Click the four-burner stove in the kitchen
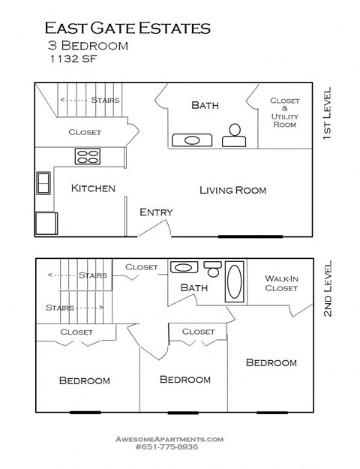pyautogui.click(x=88, y=157)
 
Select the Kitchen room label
pyautogui.click(x=93, y=188)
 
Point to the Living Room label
pyautogui.click(x=232, y=190)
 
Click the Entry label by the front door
pyautogui.click(x=156, y=212)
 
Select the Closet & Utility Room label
pyautogui.click(x=285, y=113)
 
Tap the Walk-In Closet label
pyautogui.click(x=282, y=283)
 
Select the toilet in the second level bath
pyautogui.click(x=213, y=269)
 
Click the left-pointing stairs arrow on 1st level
pyautogui.click(x=72, y=100)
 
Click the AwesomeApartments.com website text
pyautogui.click(x=169, y=437)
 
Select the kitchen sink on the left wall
pyautogui.click(x=43, y=183)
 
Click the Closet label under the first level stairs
pyautogui.click(x=84, y=132)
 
